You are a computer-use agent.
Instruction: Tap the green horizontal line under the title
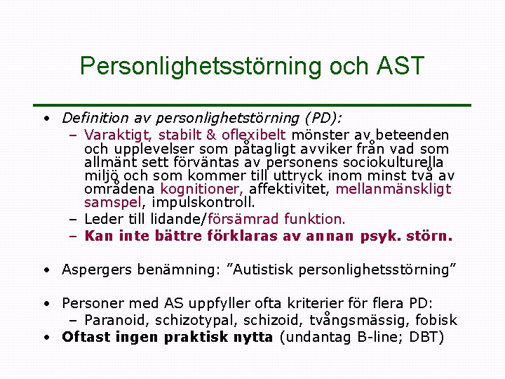(252, 105)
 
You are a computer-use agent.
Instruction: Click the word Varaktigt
(117, 135)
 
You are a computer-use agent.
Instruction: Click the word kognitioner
(202, 189)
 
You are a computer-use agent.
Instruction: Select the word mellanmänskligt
(393, 189)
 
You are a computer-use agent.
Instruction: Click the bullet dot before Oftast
(45, 338)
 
